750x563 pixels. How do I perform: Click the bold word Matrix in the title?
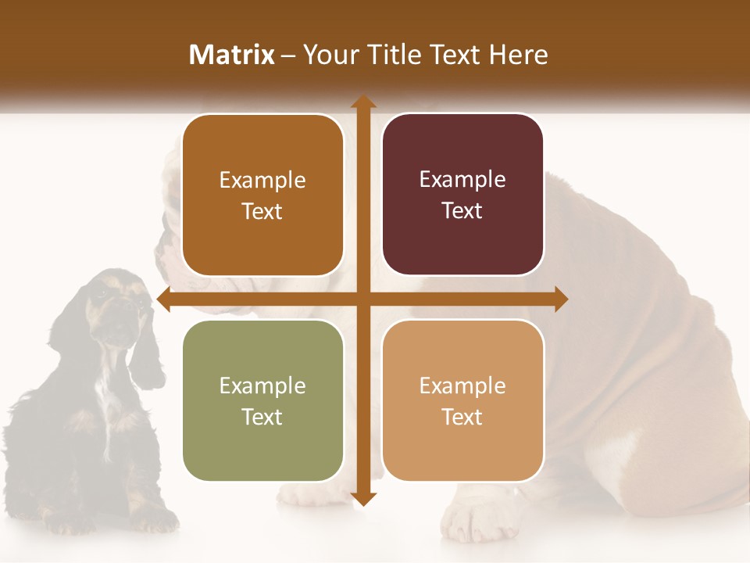232,55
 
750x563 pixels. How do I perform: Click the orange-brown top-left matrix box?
262,195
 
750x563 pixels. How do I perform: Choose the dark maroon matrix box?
462,195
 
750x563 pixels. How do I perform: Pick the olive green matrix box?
262,400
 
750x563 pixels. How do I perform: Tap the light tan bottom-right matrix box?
462,400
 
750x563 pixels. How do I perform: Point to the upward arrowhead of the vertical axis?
362,102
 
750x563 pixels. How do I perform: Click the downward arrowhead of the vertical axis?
362,498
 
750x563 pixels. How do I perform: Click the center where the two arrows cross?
362,299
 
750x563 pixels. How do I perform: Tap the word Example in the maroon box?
462,179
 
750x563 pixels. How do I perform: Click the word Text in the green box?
262,417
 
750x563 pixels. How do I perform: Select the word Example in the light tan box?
462,385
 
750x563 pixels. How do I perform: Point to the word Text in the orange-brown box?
262,212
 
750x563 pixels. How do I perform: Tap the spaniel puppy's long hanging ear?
147,352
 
